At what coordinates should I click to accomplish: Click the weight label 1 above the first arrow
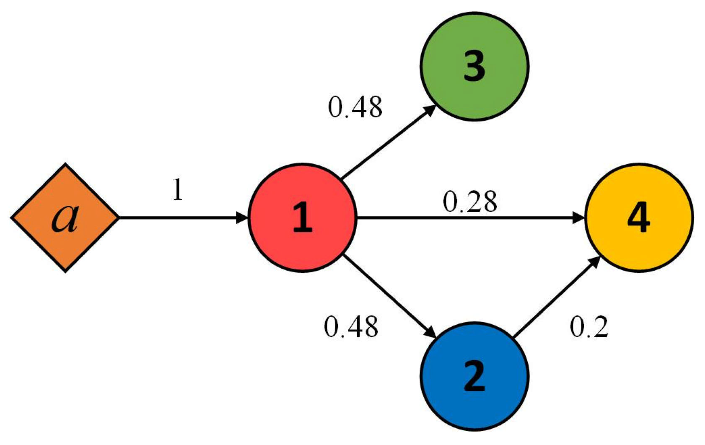(x=178, y=190)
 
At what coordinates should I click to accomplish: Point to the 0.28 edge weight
(x=470, y=202)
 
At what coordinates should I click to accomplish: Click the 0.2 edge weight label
(x=589, y=327)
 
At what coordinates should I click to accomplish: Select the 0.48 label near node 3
(x=355, y=107)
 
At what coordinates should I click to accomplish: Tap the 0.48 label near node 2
(x=351, y=327)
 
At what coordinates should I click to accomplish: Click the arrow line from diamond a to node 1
(x=180, y=218)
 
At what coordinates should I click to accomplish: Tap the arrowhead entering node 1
(x=242, y=218)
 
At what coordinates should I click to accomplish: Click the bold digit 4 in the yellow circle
(x=639, y=218)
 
